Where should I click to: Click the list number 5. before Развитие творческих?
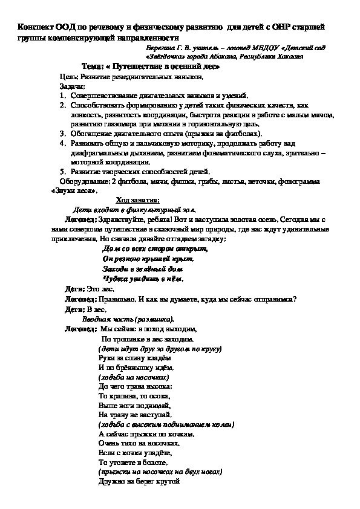62,171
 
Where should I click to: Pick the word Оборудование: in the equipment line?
84,181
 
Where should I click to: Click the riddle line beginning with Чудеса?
143,279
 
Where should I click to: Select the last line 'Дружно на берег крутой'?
139,481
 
